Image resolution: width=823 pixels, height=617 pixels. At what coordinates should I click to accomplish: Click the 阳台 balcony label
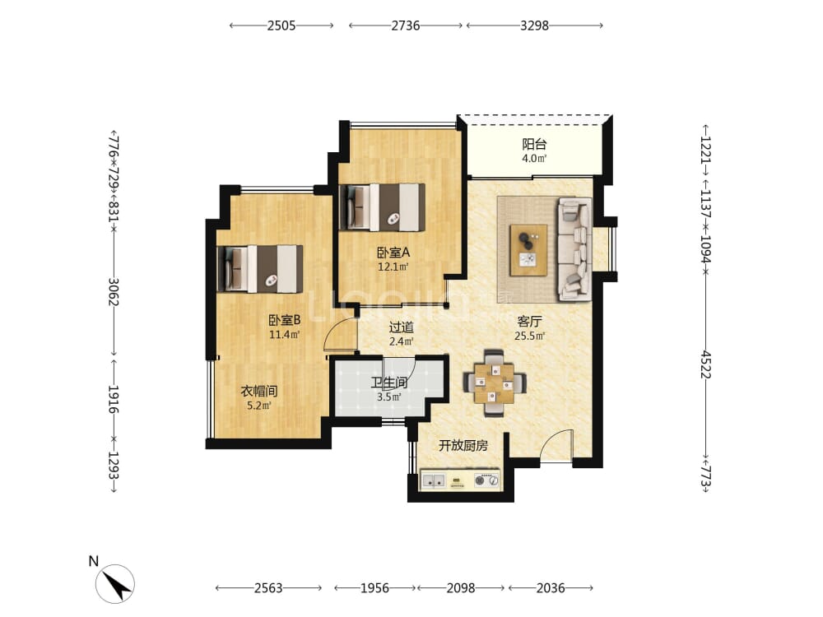click(x=534, y=144)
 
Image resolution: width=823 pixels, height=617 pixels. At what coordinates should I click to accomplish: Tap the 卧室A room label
click(x=393, y=253)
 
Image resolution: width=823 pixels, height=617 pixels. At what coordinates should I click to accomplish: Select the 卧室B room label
click(x=284, y=320)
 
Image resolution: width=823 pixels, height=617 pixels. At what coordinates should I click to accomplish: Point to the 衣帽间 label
click(x=258, y=391)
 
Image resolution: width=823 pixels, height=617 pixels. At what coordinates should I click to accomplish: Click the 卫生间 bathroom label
click(x=389, y=383)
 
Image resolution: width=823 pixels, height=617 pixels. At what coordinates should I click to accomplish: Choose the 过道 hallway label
click(x=401, y=327)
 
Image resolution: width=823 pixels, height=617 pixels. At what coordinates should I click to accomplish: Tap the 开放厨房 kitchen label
click(x=463, y=446)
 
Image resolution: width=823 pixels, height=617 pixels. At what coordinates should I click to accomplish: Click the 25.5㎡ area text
click(x=529, y=336)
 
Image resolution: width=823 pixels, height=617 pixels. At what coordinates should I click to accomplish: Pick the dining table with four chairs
click(x=494, y=383)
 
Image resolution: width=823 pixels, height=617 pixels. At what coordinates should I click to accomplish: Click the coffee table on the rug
click(x=529, y=250)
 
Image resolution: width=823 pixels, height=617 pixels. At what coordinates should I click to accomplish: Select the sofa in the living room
click(x=574, y=248)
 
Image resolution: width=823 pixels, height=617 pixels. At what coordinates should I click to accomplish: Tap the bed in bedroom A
click(x=382, y=206)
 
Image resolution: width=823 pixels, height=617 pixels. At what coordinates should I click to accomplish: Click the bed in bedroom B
click(x=260, y=269)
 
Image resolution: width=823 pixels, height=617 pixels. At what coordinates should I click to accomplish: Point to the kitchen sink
click(x=434, y=480)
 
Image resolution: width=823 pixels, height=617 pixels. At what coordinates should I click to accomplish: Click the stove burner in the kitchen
click(x=480, y=480)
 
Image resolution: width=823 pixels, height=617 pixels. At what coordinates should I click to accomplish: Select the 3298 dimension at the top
click(x=534, y=26)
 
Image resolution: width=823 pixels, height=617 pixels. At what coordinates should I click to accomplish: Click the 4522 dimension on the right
click(x=706, y=364)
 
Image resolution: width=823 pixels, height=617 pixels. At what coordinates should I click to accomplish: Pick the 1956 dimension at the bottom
click(x=374, y=588)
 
